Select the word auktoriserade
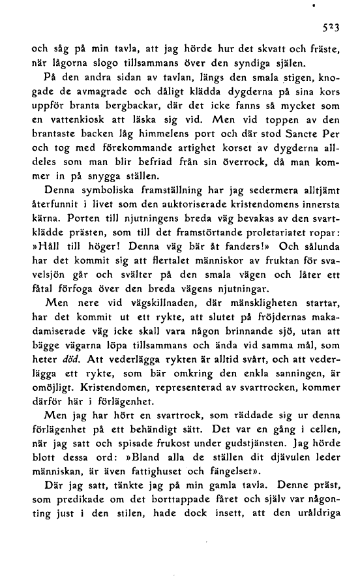[x=198, y=207]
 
